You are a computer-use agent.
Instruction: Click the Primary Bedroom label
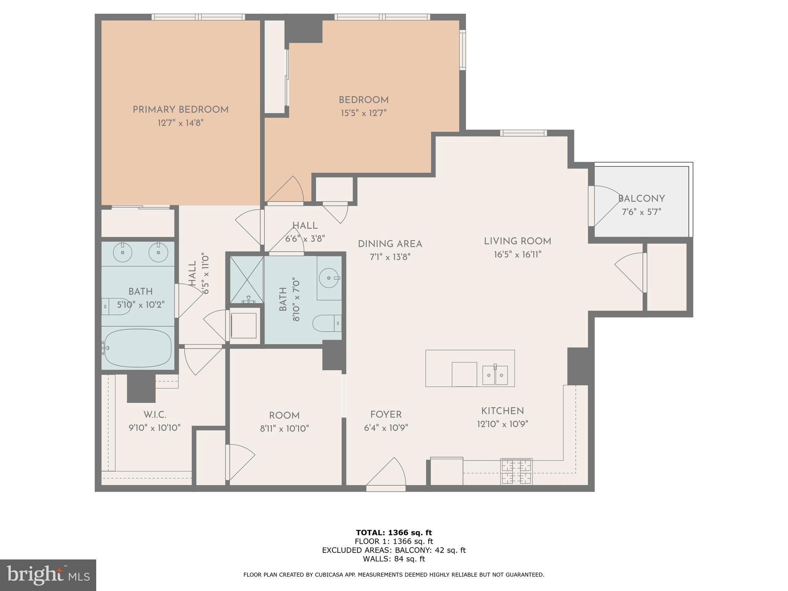click(180, 110)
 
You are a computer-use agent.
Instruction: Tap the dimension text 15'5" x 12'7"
click(363, 113)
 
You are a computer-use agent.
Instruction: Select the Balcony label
click(641, 199)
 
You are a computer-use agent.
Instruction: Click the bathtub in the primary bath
click(138, 348)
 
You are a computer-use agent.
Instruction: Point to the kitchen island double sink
click(495, 375)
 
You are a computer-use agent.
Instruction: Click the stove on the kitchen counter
click(516, 472)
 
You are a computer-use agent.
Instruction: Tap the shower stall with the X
click(247, 279)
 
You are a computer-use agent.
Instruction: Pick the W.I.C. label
click(155, 415)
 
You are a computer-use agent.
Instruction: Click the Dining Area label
click(390, 244)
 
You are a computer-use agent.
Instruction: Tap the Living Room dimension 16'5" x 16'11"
click(518, 255)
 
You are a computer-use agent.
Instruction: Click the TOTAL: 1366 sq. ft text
click(394, 533)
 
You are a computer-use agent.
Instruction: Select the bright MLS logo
click(48, 575)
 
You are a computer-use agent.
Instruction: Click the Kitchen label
click(502, 411)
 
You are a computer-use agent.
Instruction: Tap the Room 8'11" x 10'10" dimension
click(284, 429)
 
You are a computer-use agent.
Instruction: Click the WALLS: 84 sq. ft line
click(394, 559)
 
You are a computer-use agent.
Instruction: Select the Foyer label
click(386, 414)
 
